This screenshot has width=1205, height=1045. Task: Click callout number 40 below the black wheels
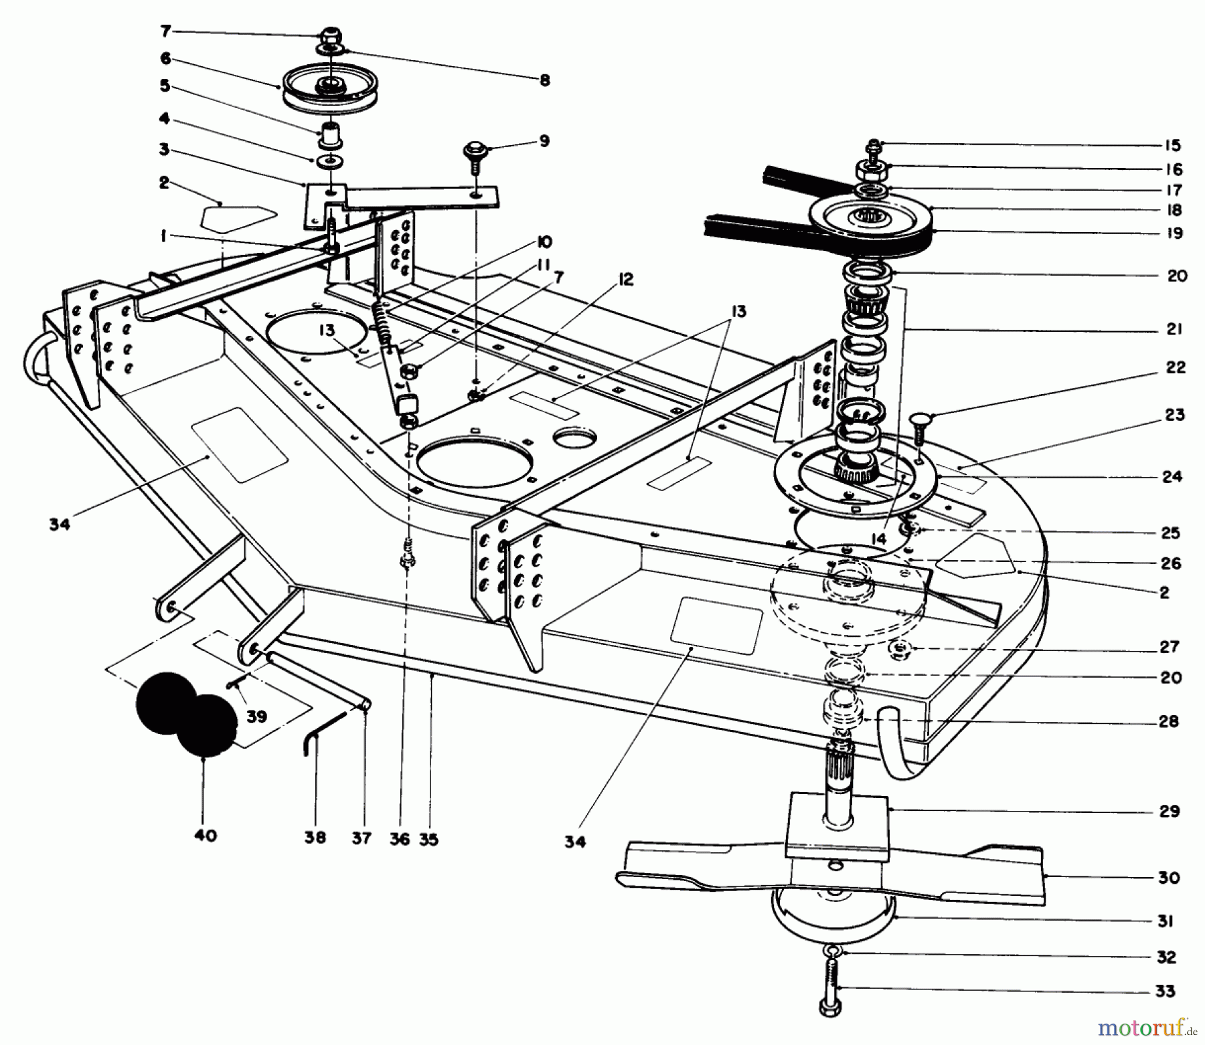pos(206,836)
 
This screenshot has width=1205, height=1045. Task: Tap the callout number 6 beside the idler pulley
pos(165,59)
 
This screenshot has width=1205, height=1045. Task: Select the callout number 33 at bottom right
pos(1166,991)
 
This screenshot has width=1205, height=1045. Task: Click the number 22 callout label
pos(1176,367)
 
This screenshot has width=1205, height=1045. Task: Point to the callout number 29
pos(1170,812)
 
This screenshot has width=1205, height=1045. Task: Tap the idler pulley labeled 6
pos(329,88)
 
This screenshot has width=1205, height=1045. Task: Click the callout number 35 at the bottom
pos(428,839)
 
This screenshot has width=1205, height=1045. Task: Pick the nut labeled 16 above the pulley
pos(872,173)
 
